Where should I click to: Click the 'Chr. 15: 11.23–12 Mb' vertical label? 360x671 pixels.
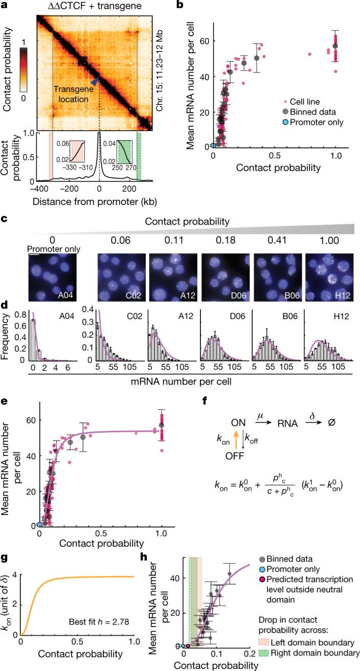[159, 72]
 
